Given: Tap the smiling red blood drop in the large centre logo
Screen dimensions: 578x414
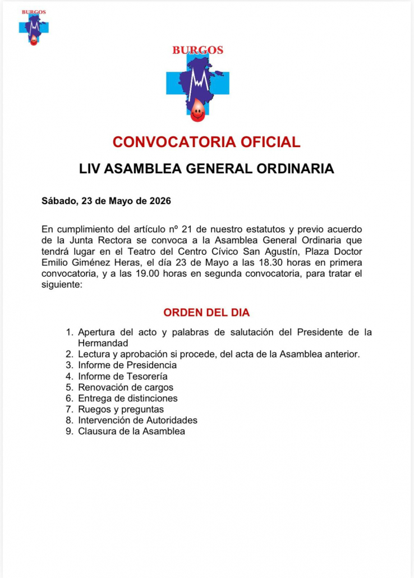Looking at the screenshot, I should point(197,112).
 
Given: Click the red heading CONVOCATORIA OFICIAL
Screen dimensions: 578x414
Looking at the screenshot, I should point(206,142).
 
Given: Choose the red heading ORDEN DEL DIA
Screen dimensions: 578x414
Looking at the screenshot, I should point(206,313).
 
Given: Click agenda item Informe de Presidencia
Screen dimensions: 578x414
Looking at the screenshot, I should point(127,365).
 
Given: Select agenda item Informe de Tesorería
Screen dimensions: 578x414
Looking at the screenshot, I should point(123,377).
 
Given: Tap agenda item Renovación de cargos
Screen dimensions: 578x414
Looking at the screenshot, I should point(126,387).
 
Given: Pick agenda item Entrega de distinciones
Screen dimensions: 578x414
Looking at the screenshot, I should point(128,398).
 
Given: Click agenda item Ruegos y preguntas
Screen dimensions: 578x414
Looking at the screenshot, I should point(121,409).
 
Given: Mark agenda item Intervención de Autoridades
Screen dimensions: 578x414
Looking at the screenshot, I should point(137,420).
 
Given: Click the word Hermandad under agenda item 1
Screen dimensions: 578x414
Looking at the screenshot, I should point(103,343).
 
